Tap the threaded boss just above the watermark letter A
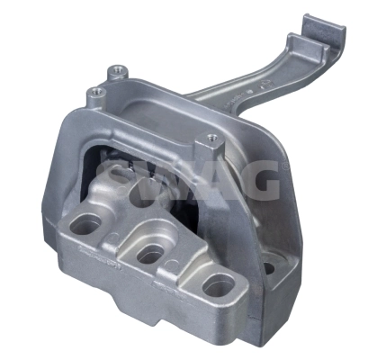211,139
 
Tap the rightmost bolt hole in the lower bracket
217,287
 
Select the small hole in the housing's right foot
268,267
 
